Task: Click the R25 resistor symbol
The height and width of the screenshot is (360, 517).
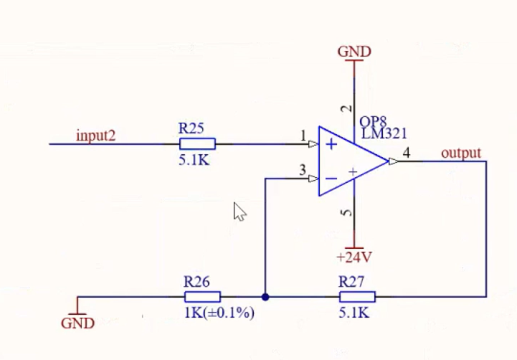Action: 197,144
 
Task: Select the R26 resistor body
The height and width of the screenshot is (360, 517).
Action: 202,297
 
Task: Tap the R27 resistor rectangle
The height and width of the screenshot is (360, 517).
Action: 357,297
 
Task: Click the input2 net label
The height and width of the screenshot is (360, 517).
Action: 96,136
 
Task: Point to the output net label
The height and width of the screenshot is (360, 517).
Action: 461,153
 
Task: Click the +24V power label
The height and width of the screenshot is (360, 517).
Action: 354,257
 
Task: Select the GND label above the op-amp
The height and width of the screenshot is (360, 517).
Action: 354,52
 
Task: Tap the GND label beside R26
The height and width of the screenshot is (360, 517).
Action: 78,323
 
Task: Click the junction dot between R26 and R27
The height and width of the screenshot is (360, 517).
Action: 265,297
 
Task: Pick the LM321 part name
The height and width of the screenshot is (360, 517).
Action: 384,134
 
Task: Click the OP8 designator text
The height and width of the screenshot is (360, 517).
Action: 373,122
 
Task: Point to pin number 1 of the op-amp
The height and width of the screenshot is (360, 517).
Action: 303,136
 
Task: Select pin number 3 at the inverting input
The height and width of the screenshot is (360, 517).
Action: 303,170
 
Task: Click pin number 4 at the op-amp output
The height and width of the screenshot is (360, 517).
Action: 407,153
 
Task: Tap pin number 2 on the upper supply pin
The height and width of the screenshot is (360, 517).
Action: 346,108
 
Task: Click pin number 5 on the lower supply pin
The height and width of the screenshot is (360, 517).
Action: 346,213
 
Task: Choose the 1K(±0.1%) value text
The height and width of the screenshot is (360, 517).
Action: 219,312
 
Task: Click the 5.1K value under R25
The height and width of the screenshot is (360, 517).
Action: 194,160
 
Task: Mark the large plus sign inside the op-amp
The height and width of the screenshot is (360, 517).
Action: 331,144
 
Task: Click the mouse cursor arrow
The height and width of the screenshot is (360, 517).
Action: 239,212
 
